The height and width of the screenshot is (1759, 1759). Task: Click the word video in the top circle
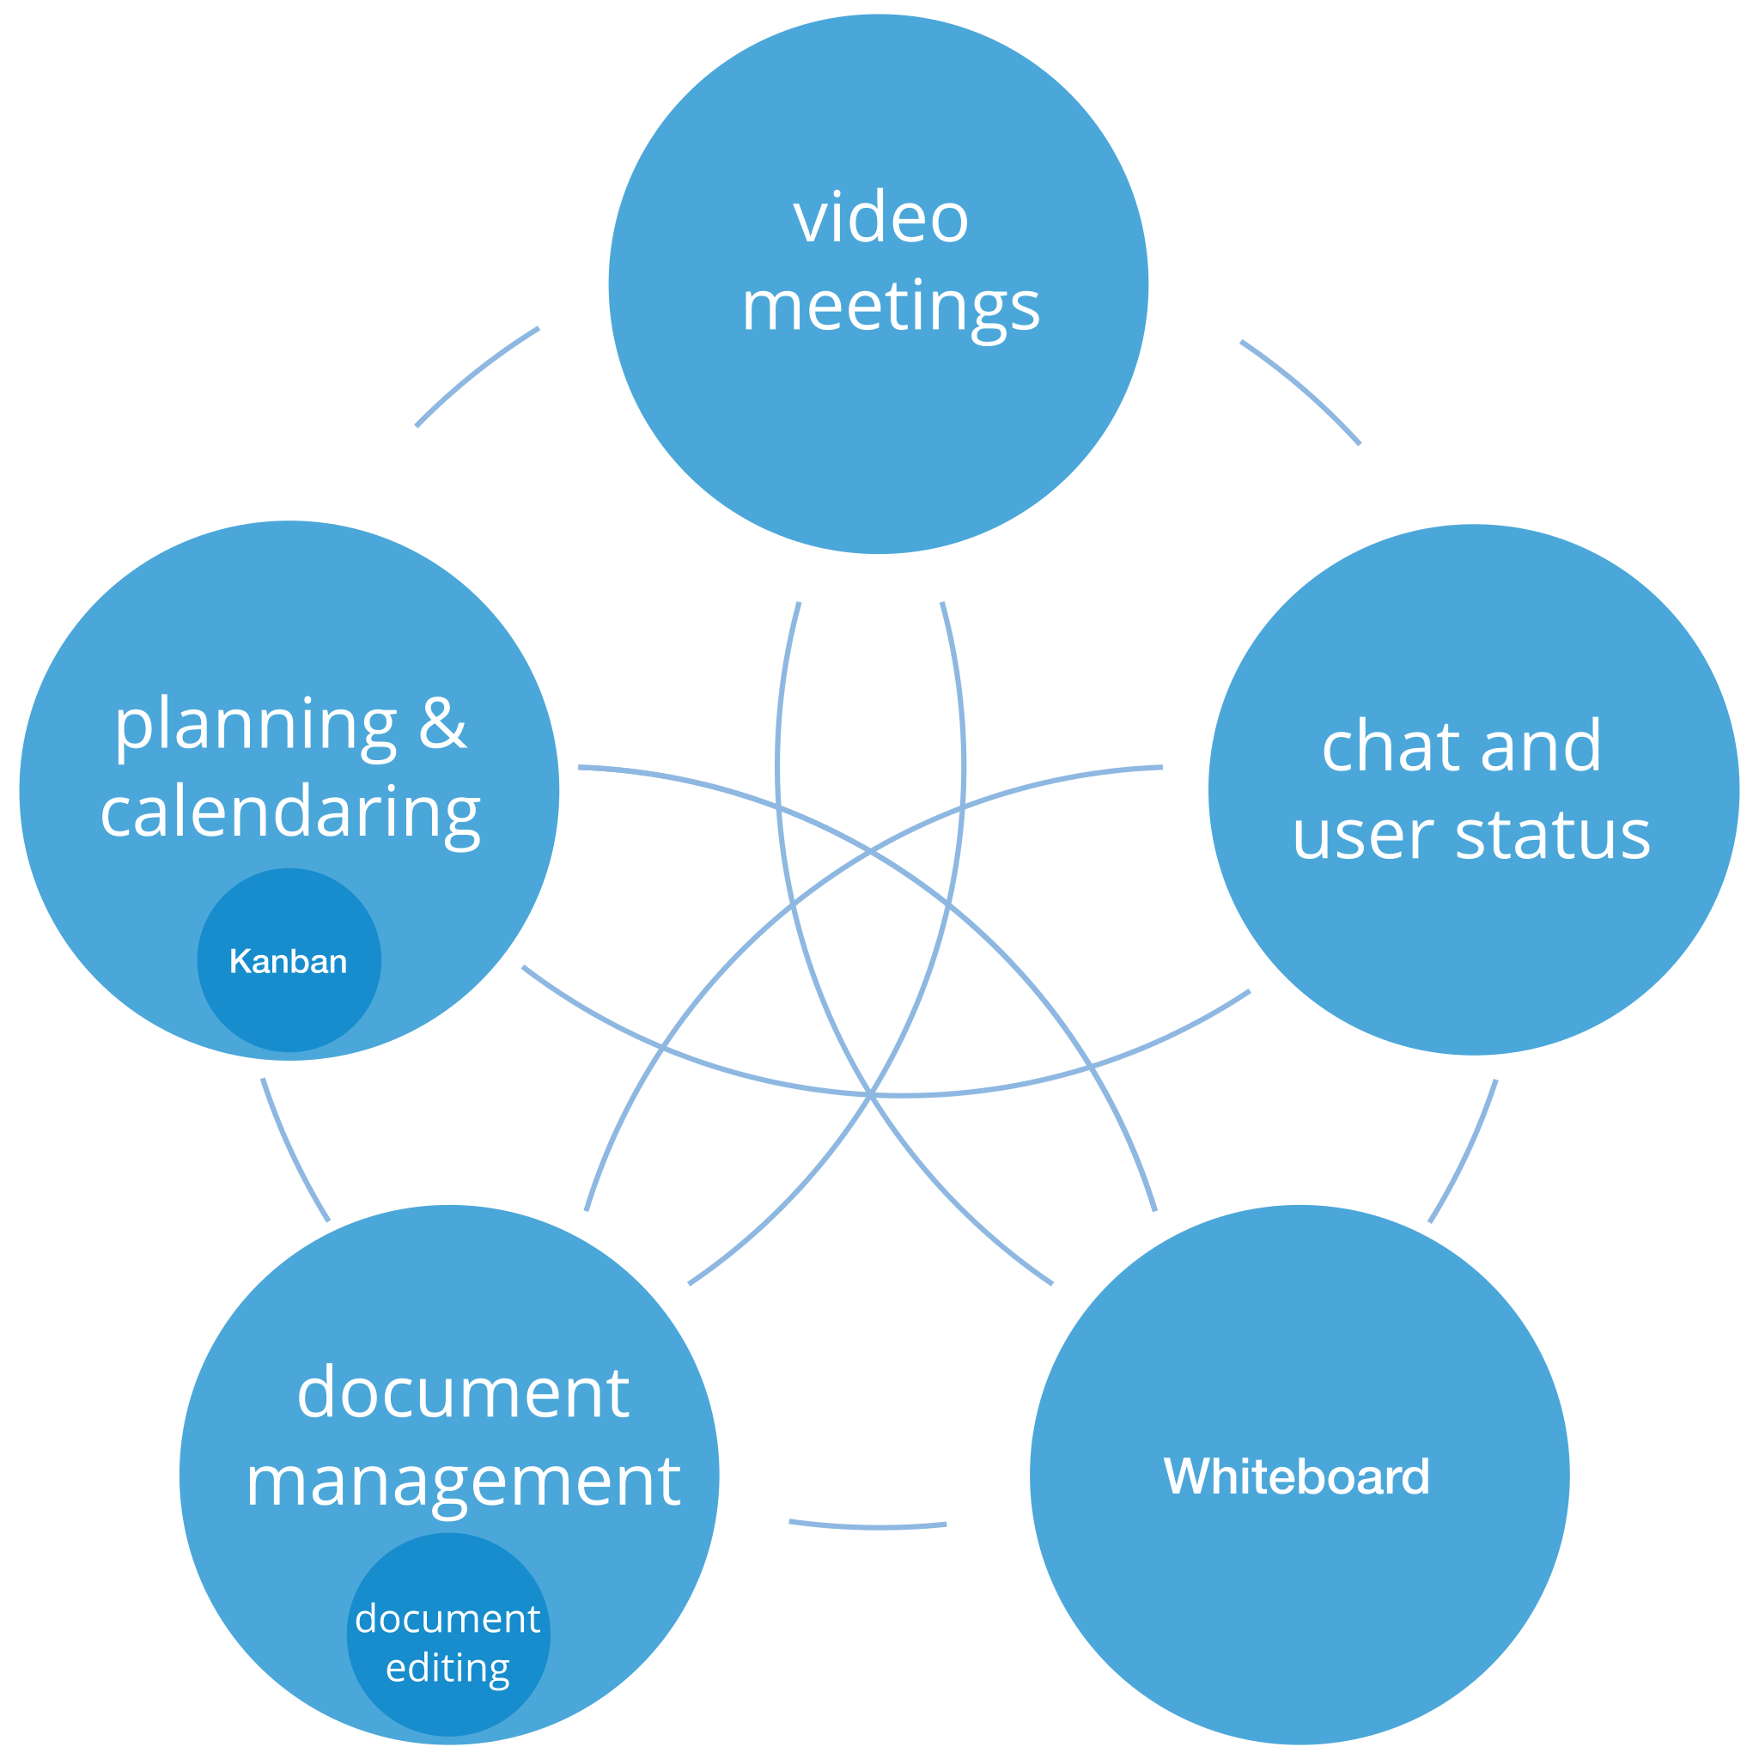point(880,217)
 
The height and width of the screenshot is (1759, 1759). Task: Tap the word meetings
point(891,307)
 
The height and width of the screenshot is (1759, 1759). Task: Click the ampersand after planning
point(442,723)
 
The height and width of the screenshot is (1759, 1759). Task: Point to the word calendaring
point(289,814)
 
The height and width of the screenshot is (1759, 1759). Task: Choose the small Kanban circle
point(289,960)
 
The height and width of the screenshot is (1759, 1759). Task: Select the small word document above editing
point(448,1618)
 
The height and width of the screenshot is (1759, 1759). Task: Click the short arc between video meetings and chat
point(1304,389)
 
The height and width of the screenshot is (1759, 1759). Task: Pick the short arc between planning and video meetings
point(474,373)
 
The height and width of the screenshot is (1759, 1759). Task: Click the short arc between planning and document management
point(292,1152)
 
